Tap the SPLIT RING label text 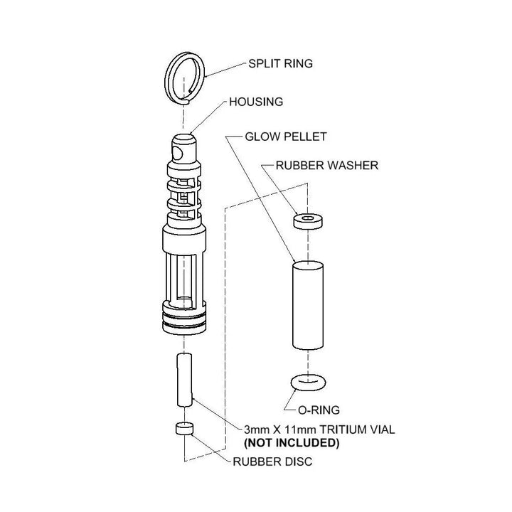279,63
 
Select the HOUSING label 255,102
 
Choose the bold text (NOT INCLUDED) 292,443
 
